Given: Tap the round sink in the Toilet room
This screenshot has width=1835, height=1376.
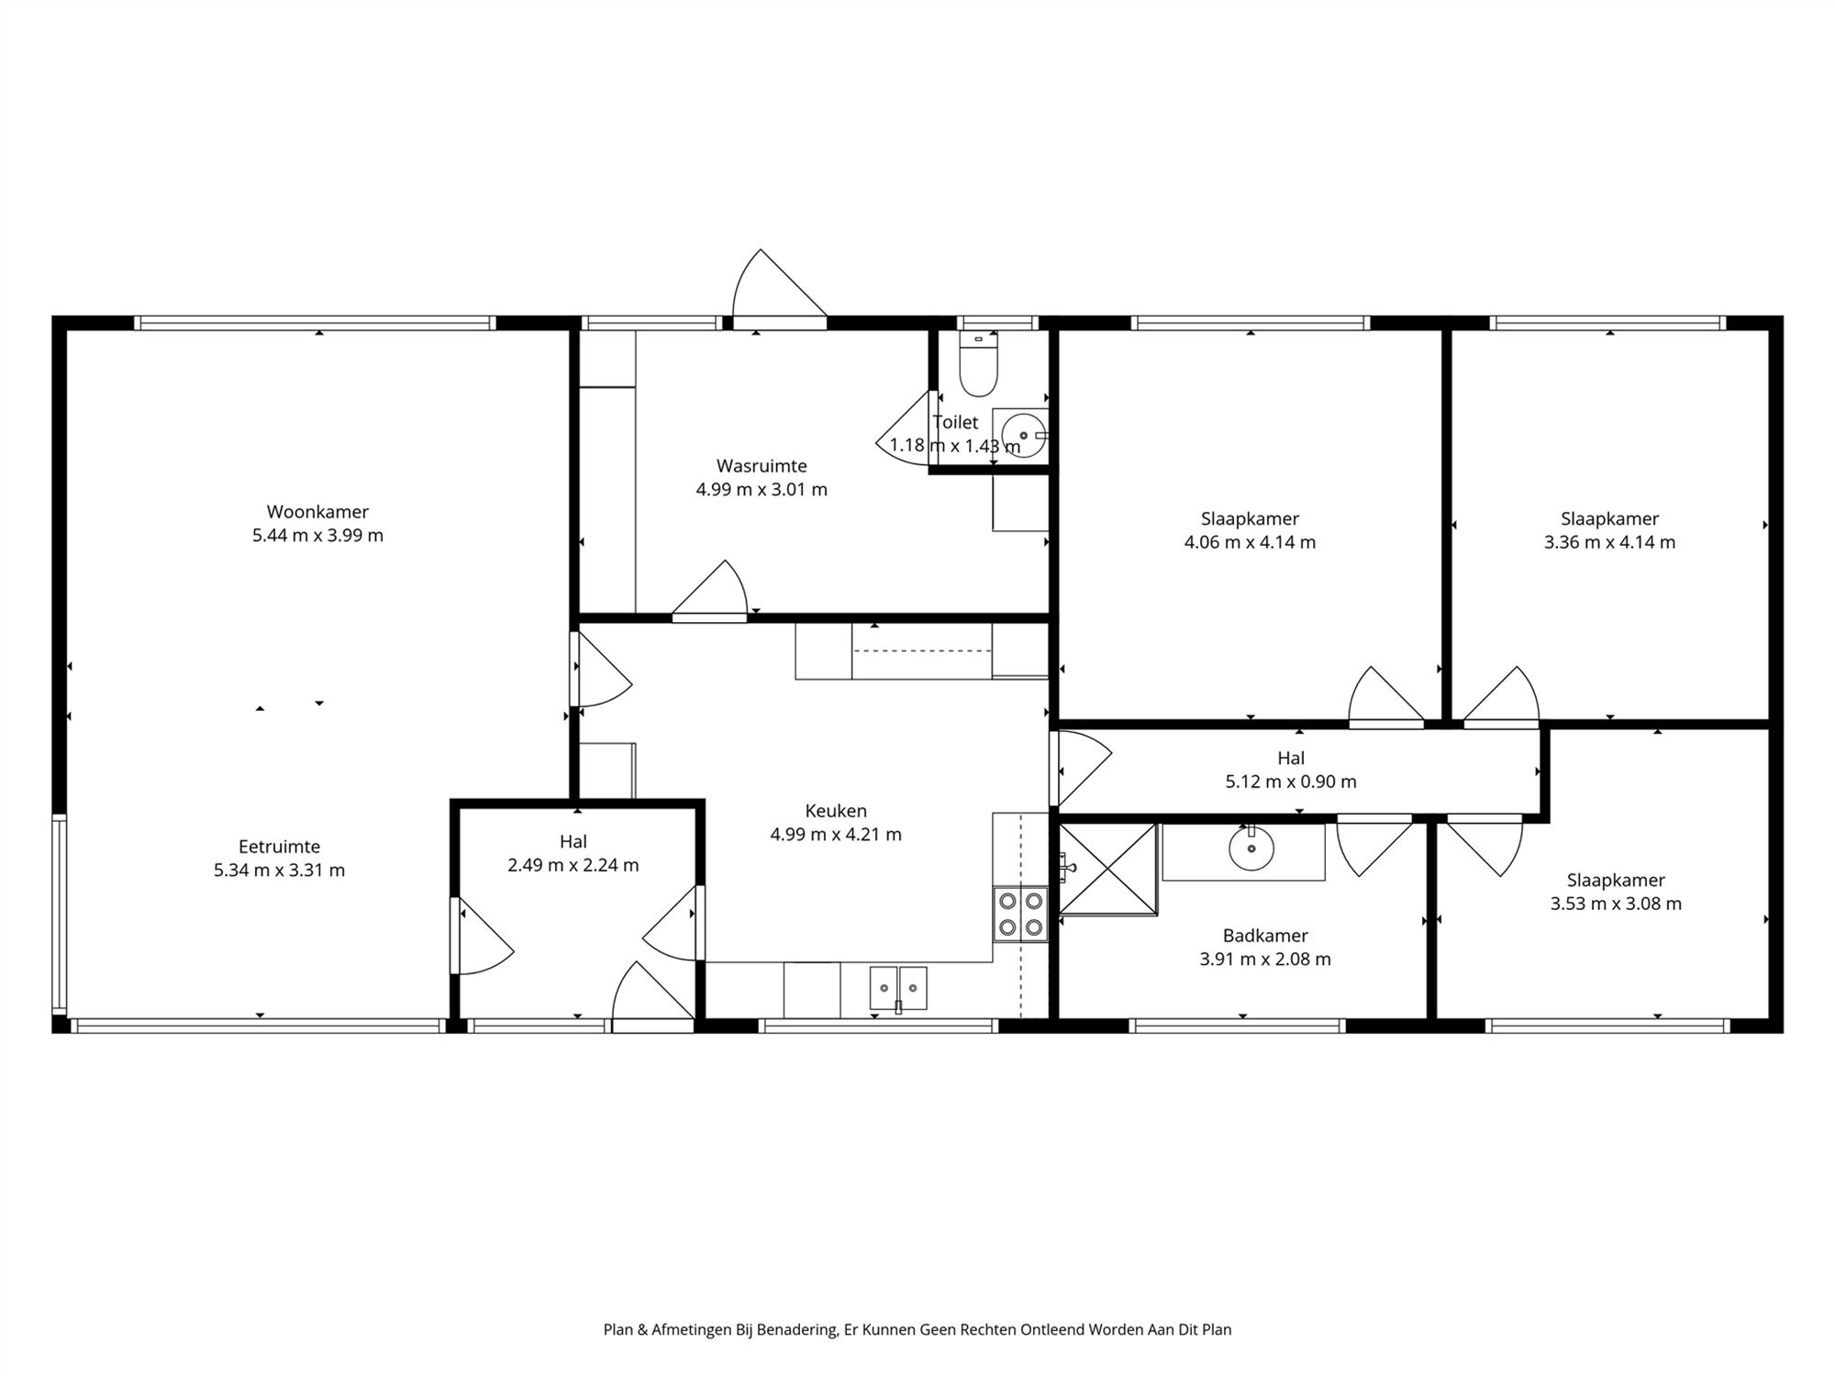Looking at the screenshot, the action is [1020, 434].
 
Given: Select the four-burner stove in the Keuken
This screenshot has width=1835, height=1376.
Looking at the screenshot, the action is [1020, 914].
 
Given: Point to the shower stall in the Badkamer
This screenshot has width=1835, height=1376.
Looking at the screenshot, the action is [1108, 869].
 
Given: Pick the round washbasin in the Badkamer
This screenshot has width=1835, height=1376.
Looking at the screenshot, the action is [1251, 849].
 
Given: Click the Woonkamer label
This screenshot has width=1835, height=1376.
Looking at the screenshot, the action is [317, 512].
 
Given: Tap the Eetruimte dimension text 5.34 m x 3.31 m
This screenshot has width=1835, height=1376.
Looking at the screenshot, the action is [280, 871].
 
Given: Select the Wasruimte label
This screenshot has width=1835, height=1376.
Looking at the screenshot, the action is [762, 466].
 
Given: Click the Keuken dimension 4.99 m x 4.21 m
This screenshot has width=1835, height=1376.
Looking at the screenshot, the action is [836, 835].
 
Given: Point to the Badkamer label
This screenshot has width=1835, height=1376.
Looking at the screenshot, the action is [1265, 936].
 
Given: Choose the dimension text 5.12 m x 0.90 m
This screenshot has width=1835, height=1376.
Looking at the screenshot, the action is [1291, 782].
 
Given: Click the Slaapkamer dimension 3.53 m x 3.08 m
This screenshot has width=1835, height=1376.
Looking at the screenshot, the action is [1616, 904].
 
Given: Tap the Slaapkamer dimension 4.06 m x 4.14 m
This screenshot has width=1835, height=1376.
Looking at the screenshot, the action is [1250, 542].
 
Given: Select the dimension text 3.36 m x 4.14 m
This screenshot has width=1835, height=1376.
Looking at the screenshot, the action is [1609, 542].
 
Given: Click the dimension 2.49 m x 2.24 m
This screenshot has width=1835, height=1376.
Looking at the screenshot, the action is [573, 865].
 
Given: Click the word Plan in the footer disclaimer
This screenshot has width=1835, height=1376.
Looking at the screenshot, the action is [617, 1329].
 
